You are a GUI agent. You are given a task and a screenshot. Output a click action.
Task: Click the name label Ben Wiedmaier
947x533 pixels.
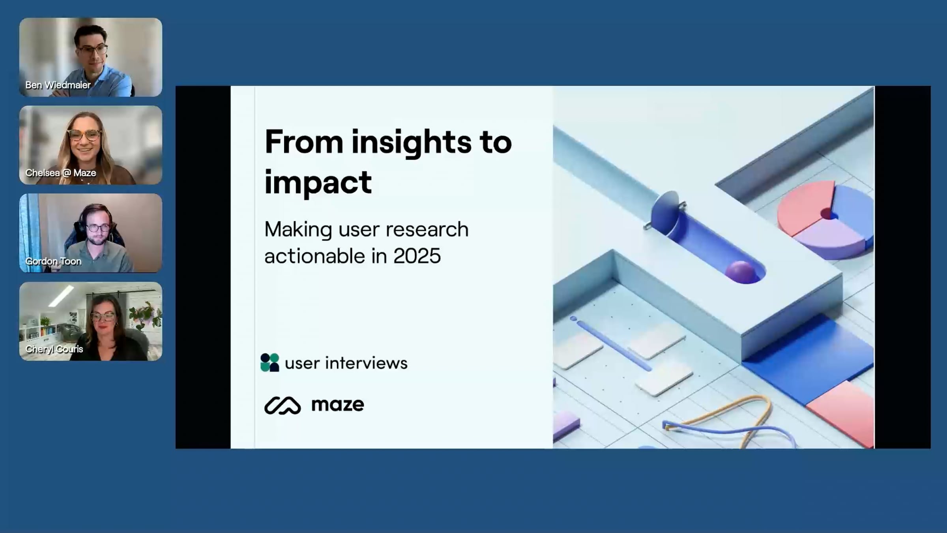click(x=58, y=85)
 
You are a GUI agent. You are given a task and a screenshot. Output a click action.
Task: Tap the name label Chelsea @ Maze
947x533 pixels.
click(x=61, y=173)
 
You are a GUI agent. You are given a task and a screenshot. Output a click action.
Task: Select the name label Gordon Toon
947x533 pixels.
click(x=53, y=261)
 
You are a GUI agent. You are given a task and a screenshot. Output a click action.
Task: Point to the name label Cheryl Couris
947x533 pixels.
click(x=54, y=349)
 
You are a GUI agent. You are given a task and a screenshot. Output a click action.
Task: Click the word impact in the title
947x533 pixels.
click(x=318, y=182)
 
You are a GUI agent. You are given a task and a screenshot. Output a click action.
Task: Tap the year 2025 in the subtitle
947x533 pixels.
click(x=417, y=256)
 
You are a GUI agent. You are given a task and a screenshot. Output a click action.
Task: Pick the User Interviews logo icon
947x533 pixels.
click(x=270, y=362)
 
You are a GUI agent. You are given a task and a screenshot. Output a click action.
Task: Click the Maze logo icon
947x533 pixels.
click(x=283, y=405)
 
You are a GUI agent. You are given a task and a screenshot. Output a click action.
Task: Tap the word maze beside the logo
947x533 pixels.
click(x=338, y=405)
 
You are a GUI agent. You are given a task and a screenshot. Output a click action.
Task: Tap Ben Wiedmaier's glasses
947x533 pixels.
click(x=93, y=50)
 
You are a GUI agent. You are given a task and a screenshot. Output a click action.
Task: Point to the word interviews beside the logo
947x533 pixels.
click(x=366, y=363)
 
